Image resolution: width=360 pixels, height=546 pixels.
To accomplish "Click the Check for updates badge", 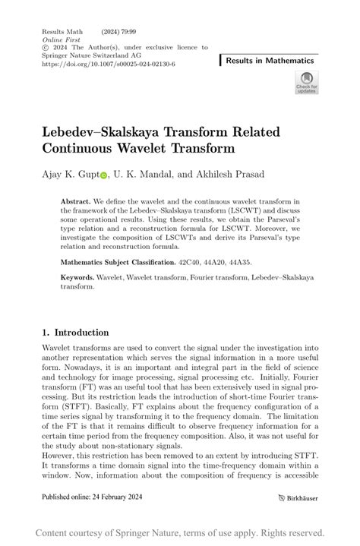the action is [x=307, y=82].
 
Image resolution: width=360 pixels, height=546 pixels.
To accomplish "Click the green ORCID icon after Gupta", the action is [x=103, y=175].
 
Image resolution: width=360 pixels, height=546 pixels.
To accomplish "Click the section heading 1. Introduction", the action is [x=75, y=333].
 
